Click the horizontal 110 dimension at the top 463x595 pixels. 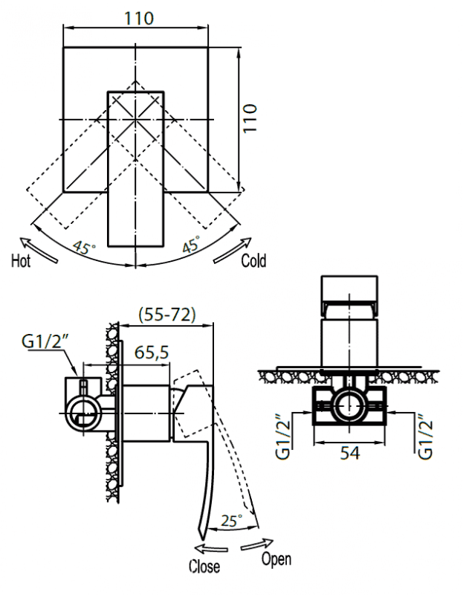[x=140, y=19]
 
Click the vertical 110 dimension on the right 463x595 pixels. [x=250, y=118]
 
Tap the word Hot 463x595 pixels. [x=21, y=261]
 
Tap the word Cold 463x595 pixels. [x=253, y=261]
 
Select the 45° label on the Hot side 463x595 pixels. [x=84, y=248]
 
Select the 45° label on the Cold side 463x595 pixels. [x=191, y=244]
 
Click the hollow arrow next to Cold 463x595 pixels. [x=233, y=250]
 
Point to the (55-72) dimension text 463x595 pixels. [x=167, y=315]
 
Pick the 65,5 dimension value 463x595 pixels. [x=152, y=353]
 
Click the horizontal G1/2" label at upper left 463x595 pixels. [x=45, y=341]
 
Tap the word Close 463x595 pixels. [x=204, y=567]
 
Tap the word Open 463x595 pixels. [x=276, y=559]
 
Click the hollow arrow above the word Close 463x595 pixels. [x=211, y=549]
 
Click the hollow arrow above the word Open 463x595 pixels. [x=257, y=544]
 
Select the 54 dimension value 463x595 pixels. [x=349, y=453]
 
